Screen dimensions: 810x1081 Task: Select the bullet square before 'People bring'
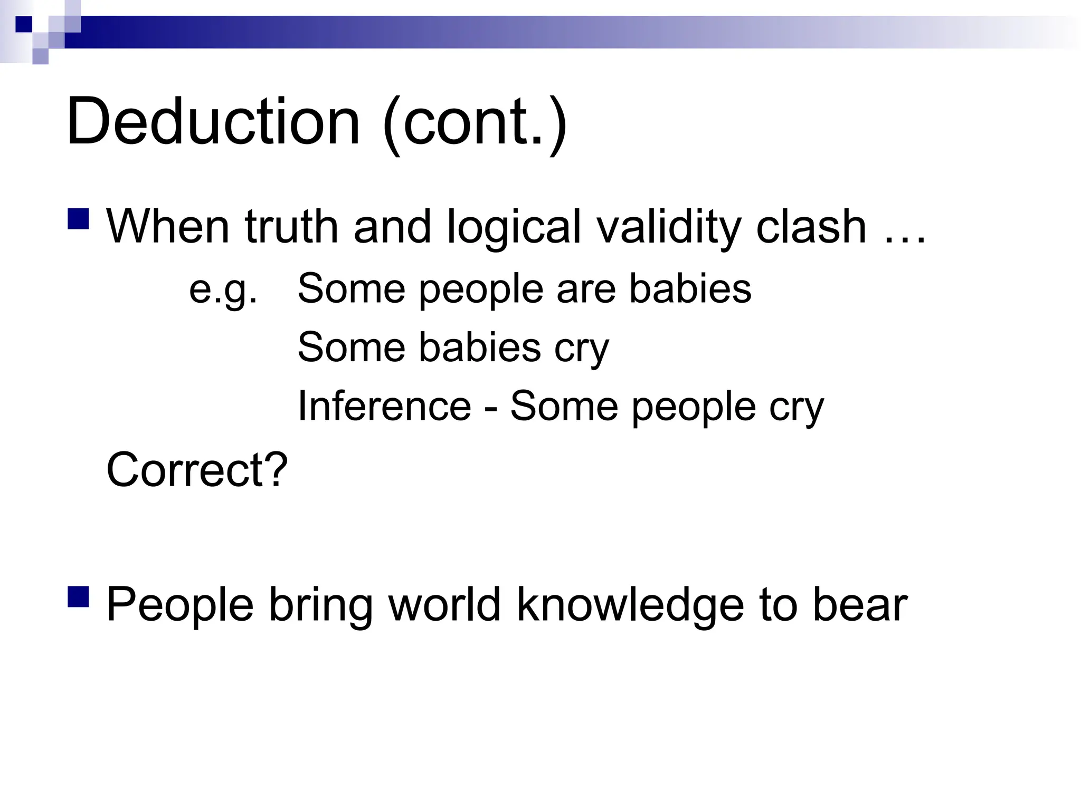click(x=78, y=596)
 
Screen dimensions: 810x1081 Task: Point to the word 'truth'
click(x=291, y=226)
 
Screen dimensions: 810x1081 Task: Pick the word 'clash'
click(x=811, y=226)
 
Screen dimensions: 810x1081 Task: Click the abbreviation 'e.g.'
click(x=223, y=290)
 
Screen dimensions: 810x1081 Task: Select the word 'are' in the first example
click(x=586, y=290)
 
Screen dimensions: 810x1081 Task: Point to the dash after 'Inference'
click(x=490, y=408)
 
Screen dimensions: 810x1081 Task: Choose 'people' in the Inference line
click(x=694, y=408)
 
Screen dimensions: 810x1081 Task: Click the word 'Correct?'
click(x=197, y=469)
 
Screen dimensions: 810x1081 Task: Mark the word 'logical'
click(x=514, y=227)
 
